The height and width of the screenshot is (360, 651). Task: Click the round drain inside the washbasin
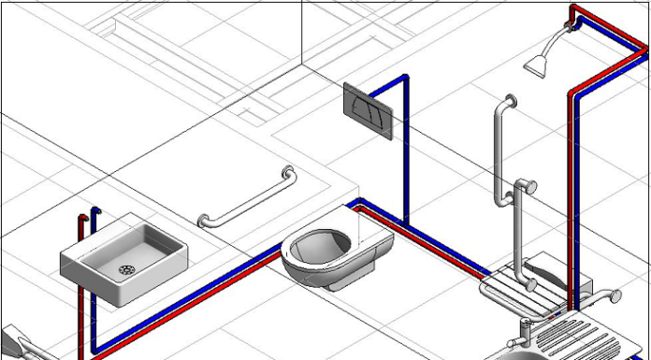click(x=126, y=270)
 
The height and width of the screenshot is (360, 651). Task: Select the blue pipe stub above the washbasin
click(x=93, y=221)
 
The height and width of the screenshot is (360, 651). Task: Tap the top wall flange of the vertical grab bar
click(x=509, y=100)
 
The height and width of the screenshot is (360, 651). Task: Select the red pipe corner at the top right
click(x=574, y=11)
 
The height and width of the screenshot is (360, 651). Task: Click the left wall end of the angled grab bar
click(x=202, y=222)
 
